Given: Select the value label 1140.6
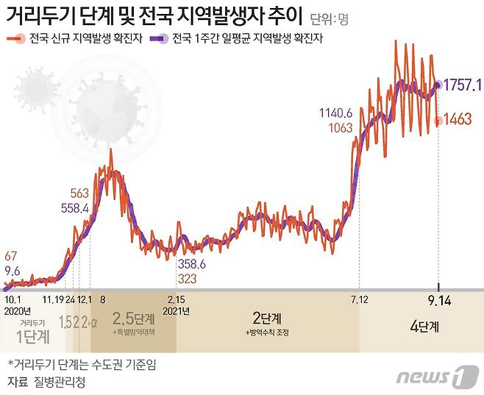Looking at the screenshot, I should click(x=336, y=113).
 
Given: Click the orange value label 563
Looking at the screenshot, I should click(x=79, y=193).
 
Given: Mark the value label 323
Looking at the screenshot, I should click(x=187, y=279).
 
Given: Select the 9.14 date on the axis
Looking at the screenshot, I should click(x=439, y=299).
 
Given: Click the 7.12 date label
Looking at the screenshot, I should click(x=359, y=299).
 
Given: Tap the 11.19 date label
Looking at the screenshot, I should click(x=52, y=299).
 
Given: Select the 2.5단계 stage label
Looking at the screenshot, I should click(x=133, y=319).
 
